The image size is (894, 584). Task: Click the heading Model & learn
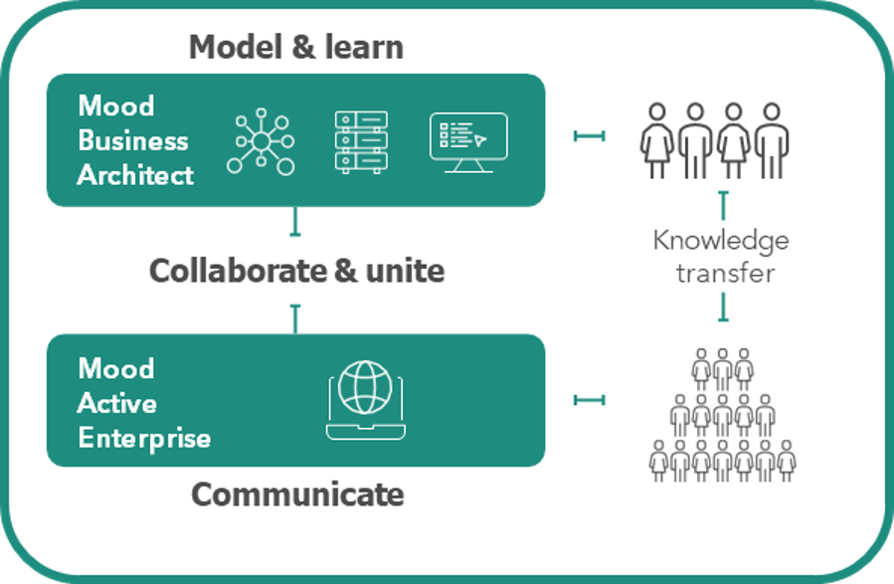295,46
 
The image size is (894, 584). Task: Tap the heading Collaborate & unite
296,270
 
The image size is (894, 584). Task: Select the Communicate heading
297,493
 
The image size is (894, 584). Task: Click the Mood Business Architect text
134,140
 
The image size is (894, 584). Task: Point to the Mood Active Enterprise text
143,402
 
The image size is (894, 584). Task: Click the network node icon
261,142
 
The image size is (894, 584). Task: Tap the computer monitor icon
467,141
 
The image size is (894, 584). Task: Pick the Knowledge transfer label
722,257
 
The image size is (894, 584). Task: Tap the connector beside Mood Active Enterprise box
589,400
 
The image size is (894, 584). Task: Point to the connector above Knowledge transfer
723,205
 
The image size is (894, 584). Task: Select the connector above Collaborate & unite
294,222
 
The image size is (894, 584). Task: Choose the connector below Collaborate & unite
294,318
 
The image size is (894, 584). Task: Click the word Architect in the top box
135,175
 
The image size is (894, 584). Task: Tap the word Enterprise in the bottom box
144,437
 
